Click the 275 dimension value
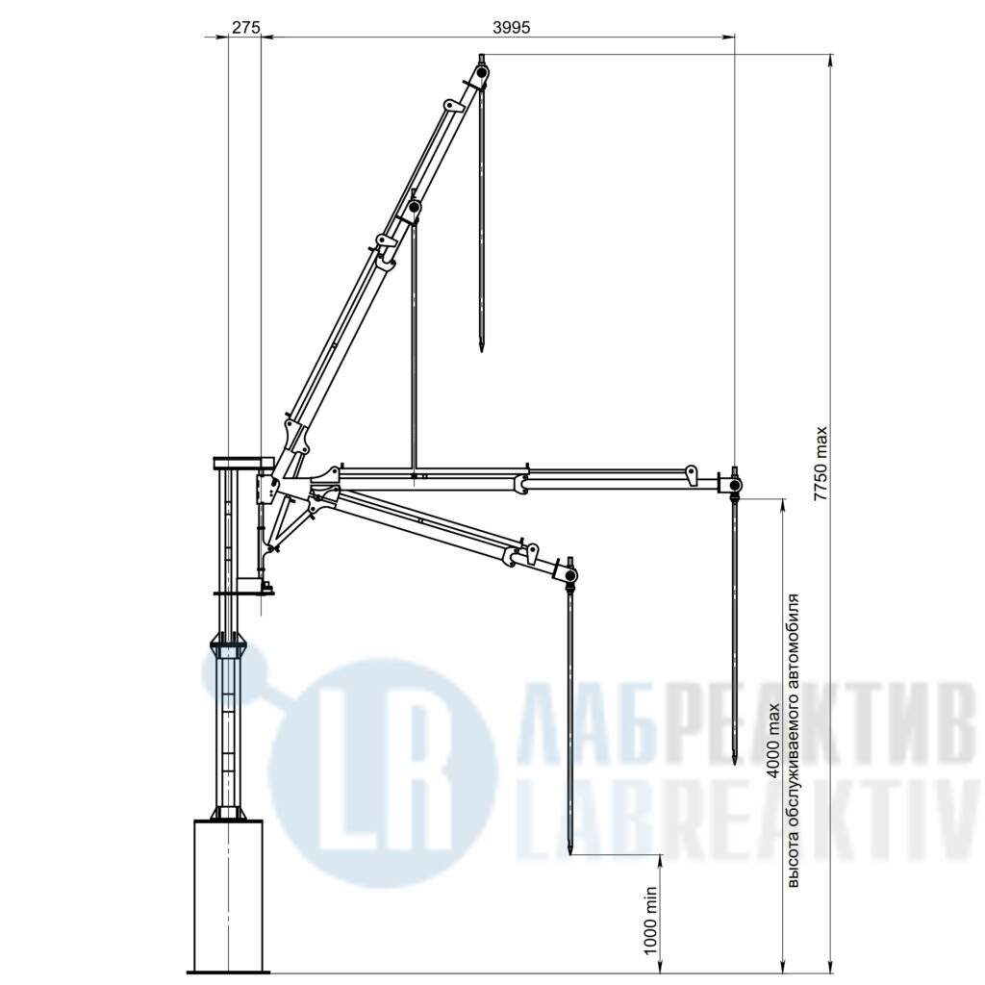(x=245, y=27)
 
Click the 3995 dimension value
(x=512, y=27)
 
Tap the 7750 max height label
(x=821, y=464)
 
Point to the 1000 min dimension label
(x=651, y=921)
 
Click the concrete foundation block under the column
(x=228, y=896)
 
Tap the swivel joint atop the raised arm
(x=482, y=74)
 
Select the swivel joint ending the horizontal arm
(x=734, y=485)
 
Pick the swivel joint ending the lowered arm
(x=570, y=575)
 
